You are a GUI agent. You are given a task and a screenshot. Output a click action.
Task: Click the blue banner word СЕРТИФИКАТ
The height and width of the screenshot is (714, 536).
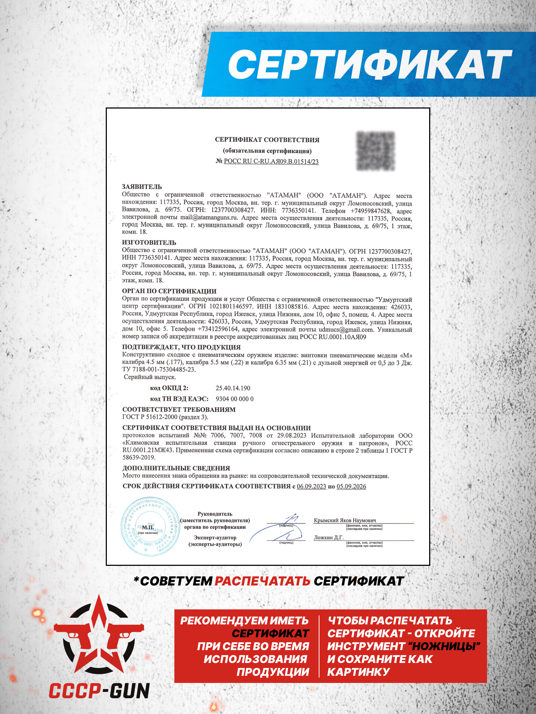pos(370,64)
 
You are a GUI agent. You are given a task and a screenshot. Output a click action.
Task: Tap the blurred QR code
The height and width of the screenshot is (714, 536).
pos(376,151)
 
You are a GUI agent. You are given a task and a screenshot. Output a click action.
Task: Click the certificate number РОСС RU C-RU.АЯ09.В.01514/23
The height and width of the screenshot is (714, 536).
pos(271,161)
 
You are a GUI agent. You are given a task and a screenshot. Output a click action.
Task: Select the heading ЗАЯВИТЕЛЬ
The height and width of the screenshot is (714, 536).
pos(142,187)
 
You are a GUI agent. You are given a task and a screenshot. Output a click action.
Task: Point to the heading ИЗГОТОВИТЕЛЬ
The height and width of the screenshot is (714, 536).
pos(149,242)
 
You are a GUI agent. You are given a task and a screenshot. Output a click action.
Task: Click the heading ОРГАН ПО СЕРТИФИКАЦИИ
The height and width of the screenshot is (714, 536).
pos(169,291)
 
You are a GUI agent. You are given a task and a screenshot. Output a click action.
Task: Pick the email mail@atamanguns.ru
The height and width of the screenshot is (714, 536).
pos(209,217)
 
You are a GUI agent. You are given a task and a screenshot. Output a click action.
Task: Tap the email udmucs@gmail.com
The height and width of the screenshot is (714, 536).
pos(346,330)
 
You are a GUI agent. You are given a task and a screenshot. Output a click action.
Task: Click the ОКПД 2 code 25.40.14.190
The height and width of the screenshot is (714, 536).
pos(233,388)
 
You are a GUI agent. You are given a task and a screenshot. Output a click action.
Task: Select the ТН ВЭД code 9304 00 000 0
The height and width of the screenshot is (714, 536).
pos(234,399)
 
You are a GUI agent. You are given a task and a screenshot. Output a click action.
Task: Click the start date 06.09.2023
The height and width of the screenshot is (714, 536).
pos(311,486)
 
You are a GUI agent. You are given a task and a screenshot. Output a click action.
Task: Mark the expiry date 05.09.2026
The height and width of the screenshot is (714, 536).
pos(351,486)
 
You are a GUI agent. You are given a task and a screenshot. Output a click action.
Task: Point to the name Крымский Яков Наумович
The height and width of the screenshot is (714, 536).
pos(344,520)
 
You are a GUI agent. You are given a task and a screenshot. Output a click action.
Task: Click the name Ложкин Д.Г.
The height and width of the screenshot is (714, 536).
pos(328,537)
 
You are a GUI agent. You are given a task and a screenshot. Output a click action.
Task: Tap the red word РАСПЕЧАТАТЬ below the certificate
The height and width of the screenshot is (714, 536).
pos(262,581)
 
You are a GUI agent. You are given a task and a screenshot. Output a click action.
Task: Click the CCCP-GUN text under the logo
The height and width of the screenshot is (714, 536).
pos(99,691)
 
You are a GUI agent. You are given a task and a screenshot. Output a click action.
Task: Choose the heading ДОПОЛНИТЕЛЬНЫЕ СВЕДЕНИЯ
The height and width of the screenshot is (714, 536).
pos(176,468)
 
